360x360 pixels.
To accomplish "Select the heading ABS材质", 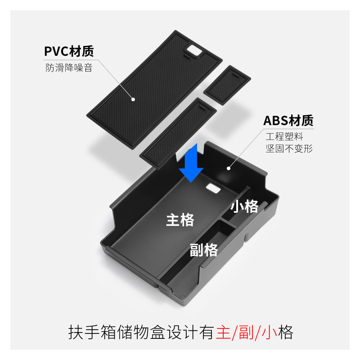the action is [x=288, y=121].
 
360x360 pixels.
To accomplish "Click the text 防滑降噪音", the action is [x=68, y=68].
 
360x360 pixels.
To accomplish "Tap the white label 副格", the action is [x=203, y=249].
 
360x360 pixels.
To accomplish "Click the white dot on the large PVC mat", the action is [x=133, y=98].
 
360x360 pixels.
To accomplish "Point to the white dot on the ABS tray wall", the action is [x=229, y=169].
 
